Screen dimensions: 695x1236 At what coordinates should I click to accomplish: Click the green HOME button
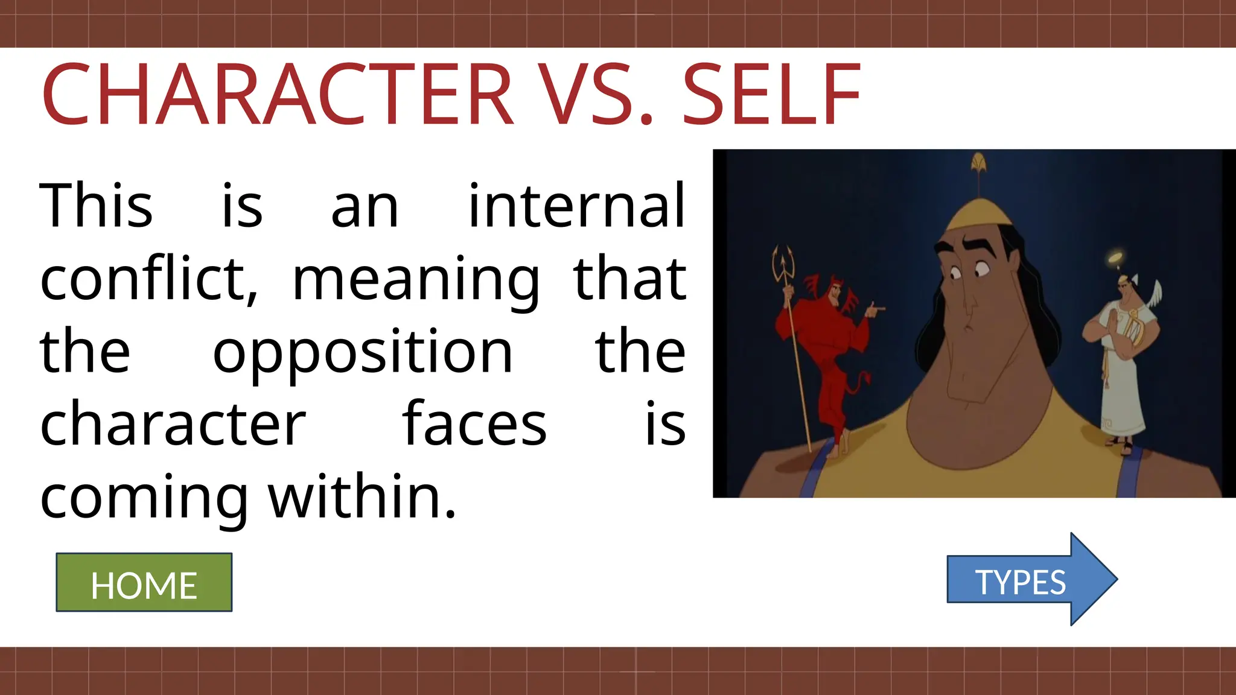[x=144, y=583]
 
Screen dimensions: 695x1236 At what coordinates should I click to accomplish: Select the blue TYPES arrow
[x=1026, y=580]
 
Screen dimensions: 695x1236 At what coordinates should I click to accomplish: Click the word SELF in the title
[x=771, y=95]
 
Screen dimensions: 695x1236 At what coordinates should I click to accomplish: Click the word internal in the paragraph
[x=577, y=206]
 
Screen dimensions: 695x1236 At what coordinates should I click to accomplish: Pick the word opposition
[x=363, y=353]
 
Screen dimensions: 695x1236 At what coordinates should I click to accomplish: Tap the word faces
[x=474, y=425]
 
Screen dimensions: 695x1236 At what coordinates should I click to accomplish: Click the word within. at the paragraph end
[x=362, y=497]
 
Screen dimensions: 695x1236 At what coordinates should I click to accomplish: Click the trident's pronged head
[x=783, y=262]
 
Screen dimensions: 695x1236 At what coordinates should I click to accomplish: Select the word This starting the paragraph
[x=96, y=206]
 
